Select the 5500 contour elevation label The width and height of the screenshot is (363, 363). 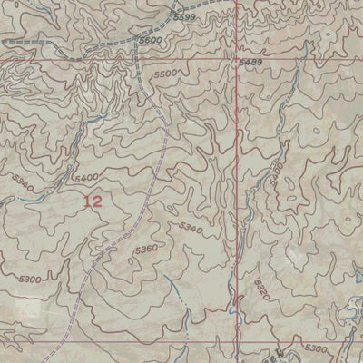pyautogui.click(x=166, y=74)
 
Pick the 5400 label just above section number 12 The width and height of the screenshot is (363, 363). pyautogui.click(x=89, y=178)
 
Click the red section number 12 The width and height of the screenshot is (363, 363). pyautogui.click(x=92, y=202)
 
